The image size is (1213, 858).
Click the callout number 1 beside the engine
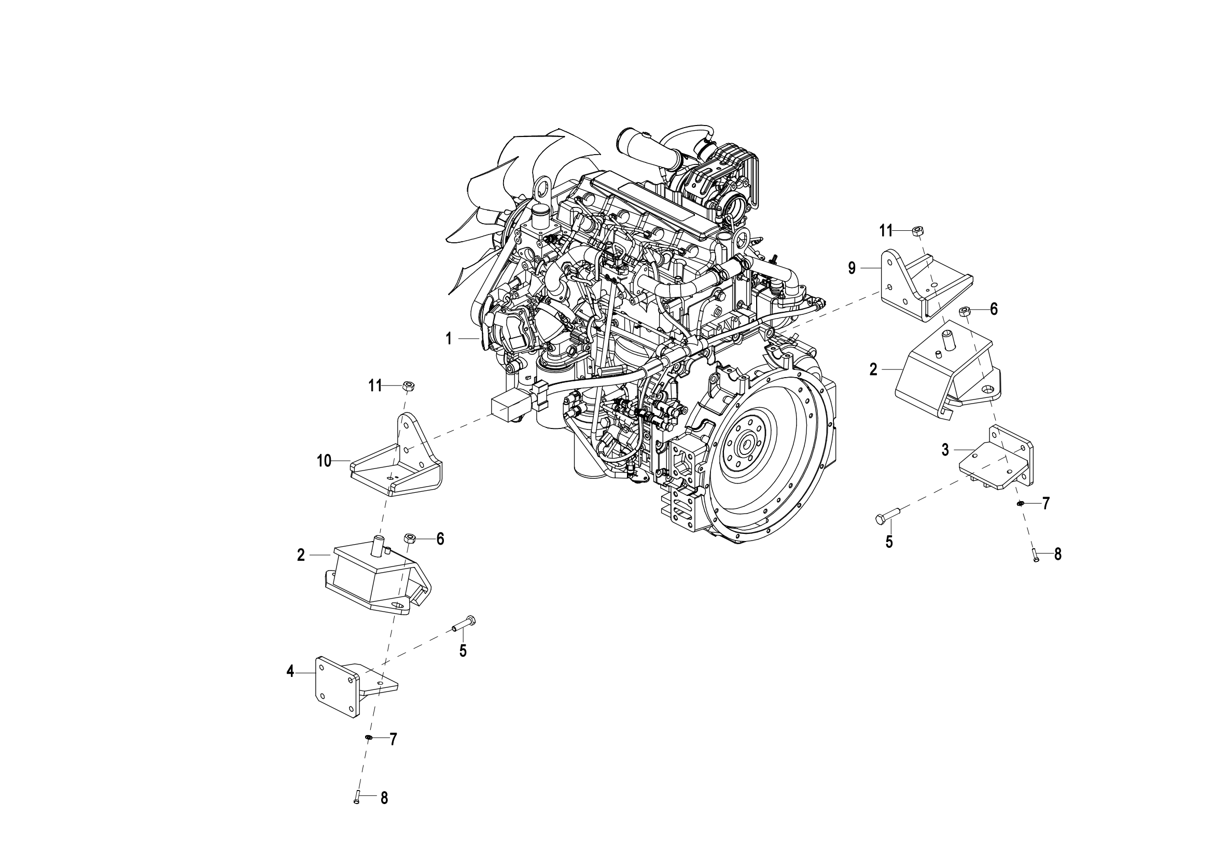449,339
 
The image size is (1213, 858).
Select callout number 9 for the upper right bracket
852,268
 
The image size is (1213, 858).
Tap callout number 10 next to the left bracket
324,461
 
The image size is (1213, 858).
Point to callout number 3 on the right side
945,450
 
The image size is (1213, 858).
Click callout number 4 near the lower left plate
290,672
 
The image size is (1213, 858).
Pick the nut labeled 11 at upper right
918,230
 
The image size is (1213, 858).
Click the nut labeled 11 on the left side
407,385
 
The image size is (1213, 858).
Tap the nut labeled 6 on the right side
963,310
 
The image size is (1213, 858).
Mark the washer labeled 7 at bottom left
369,738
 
